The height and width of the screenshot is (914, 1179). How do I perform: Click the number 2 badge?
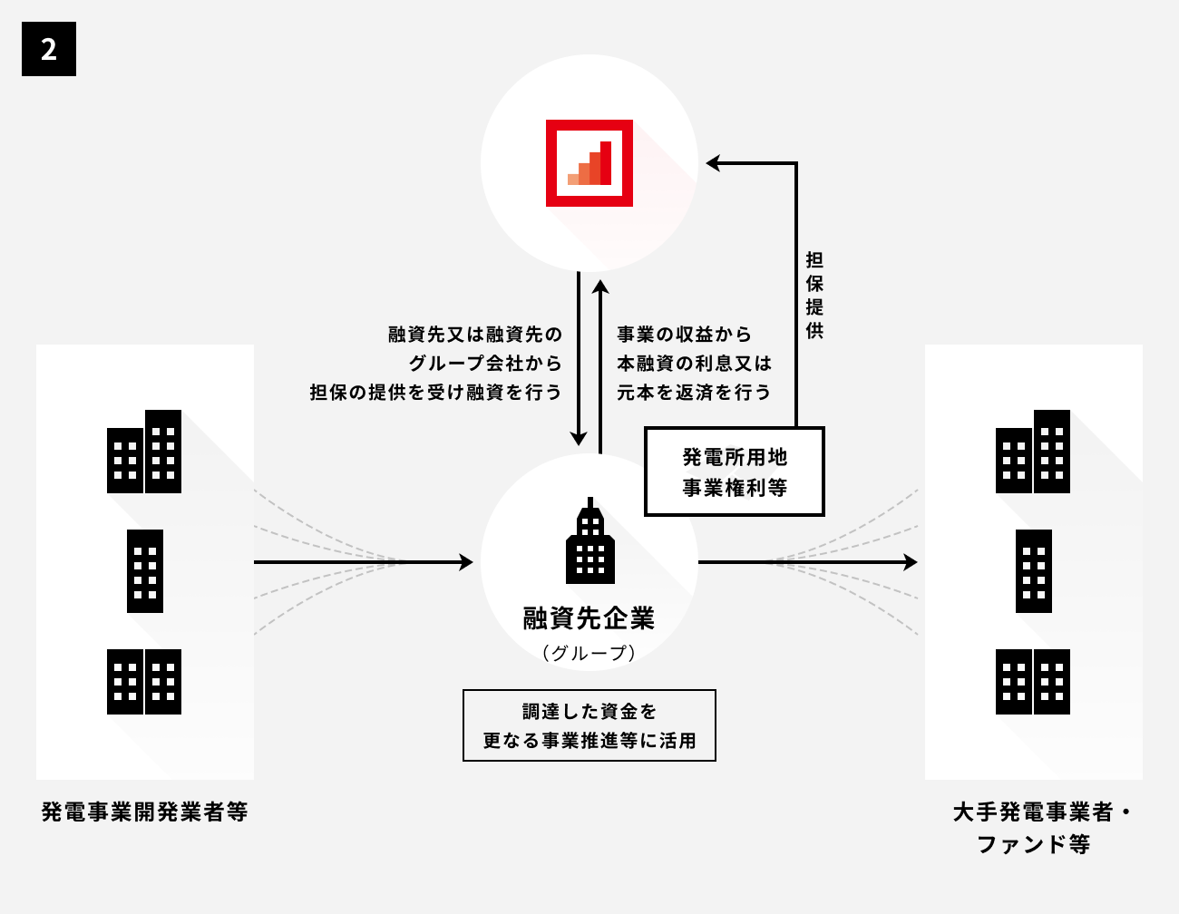point(49,49)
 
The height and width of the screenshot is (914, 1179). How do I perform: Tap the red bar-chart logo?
point(589,163)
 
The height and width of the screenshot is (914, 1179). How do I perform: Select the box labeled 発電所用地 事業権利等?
point(735,472)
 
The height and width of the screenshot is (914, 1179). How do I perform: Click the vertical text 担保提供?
point(814,296)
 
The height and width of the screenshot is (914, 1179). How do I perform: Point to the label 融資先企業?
point(589,619)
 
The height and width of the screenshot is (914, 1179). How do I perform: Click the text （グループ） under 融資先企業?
point(589,653)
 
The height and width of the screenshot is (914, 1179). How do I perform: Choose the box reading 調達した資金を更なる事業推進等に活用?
point(589,725)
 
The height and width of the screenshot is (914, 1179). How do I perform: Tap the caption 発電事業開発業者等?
point(145,811)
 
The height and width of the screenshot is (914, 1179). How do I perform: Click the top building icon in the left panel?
point(144,452)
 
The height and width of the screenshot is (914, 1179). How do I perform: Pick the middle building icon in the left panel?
point(145,571)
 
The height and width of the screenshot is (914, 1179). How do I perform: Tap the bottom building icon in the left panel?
point(144,682)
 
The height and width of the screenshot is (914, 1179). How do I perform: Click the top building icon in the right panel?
point(1033,452)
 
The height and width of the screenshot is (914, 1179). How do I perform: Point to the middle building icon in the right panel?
point(1034,571)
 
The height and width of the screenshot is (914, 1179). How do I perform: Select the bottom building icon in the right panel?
point(1033,682)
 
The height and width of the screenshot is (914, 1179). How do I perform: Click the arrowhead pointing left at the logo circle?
point(714,163)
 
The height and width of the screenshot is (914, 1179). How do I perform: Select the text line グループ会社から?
point(485,364)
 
